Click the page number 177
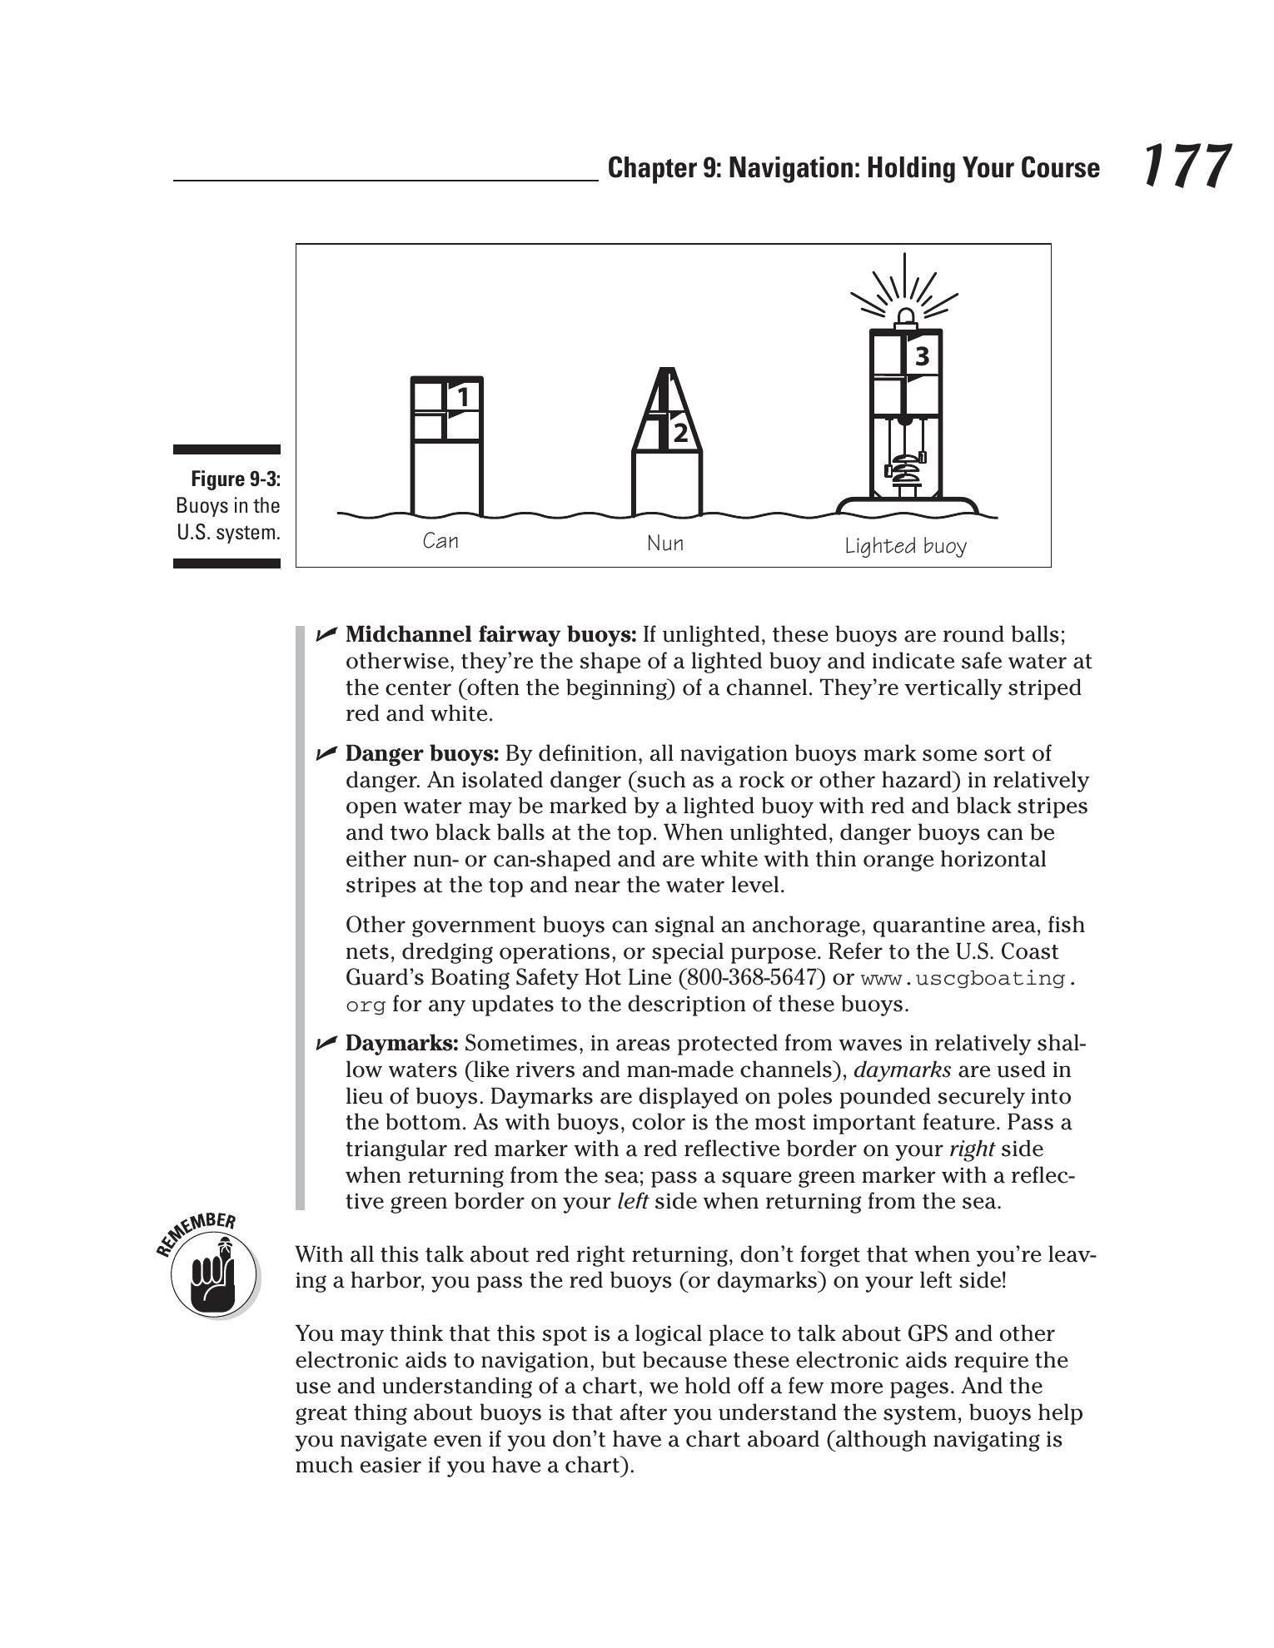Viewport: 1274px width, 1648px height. point(1185,166)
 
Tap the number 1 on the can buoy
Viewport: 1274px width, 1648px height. point(463,397)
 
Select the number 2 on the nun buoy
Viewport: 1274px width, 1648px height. point(680,433)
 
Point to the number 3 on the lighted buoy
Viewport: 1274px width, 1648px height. point(922,356)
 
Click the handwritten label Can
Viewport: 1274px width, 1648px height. point(440,541)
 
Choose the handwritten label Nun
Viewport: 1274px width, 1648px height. point(664,544)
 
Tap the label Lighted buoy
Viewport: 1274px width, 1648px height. point(905,546)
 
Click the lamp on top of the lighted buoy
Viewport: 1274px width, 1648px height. point(904,317)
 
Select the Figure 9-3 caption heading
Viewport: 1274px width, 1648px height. point(236,479)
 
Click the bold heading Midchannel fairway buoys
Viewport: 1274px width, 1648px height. point(490,635)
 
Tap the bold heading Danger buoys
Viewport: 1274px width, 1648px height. point(422,754)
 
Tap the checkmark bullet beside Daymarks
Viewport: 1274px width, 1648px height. point(326,1043)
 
